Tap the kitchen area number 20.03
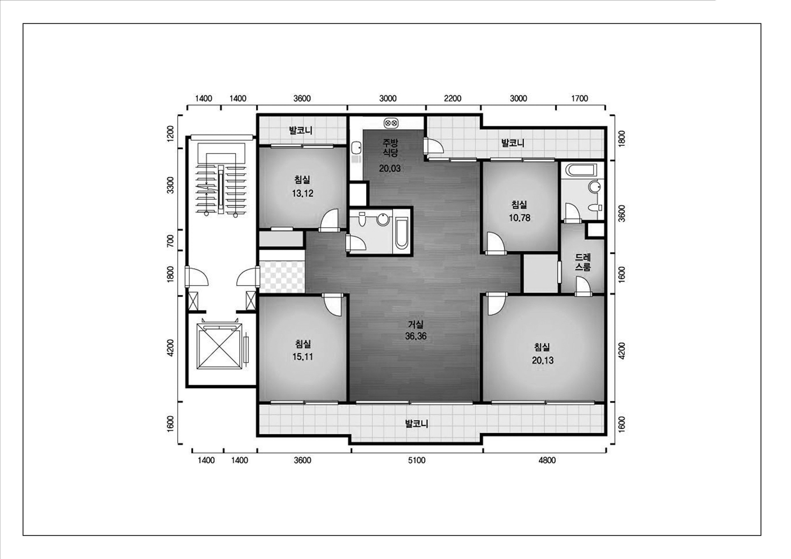pyautogui.click(x=390, y=168)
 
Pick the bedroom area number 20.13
pyautogui.click(x=543, y=361)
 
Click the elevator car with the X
pyautogui.click(x=219, y=346)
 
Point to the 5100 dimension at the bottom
pyautogui.click(x=416, y=460)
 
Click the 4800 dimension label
pyautogui.click(x=547, y=460)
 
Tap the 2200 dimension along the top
pyautogui.click(x=452, y=98)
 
